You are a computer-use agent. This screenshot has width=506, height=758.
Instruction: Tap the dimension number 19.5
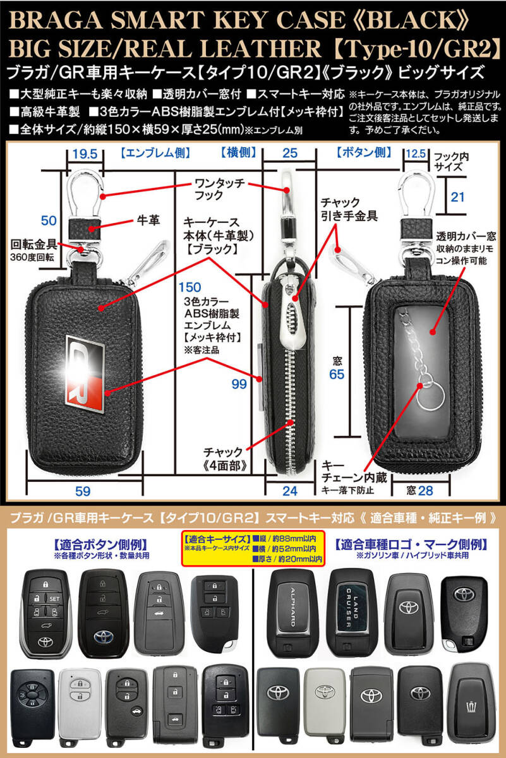(85, 154)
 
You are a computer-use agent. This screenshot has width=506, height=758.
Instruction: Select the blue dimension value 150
(190, 287)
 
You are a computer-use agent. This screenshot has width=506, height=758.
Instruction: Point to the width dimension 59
(83, 491)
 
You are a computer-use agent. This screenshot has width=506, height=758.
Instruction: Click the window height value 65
(337, 374)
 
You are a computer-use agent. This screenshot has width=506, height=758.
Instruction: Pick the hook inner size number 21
(457, 197)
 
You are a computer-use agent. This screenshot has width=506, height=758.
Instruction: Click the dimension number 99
(239, 384)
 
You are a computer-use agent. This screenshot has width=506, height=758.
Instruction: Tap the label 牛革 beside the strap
(148, 220)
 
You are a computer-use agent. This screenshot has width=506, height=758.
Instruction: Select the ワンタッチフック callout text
(219, 189)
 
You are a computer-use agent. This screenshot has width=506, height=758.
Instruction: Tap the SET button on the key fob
(54, 599)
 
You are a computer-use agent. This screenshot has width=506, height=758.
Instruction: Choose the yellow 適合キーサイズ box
(253, 548)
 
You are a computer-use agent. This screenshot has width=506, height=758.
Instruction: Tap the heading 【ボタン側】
(364, 153)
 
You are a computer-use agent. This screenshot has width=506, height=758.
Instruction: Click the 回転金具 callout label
(33, 244)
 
